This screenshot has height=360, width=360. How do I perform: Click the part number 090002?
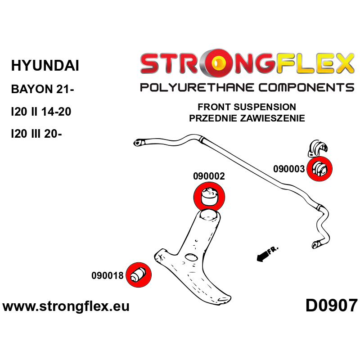point(209,176)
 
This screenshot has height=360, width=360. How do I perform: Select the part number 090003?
point(289,169)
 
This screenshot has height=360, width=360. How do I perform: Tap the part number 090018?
point(108,275)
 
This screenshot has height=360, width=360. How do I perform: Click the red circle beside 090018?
point(139,275)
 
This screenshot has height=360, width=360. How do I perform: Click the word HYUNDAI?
point(45,65)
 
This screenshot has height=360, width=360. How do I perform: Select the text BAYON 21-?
point(42,89)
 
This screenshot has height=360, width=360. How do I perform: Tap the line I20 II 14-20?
point(41,112)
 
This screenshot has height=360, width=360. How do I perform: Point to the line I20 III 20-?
point(36,134)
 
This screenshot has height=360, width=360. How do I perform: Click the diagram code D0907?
point(332,306)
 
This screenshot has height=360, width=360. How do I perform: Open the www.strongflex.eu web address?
point(66,306)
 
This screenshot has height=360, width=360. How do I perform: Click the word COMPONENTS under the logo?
point(306,87)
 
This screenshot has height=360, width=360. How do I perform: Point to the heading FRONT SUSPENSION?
point(247,107)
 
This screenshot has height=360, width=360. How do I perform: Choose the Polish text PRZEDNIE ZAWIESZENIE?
point(247,118)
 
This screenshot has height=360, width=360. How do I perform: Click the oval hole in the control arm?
point(191,257)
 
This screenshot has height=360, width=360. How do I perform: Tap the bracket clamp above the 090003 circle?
point(317,148)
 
